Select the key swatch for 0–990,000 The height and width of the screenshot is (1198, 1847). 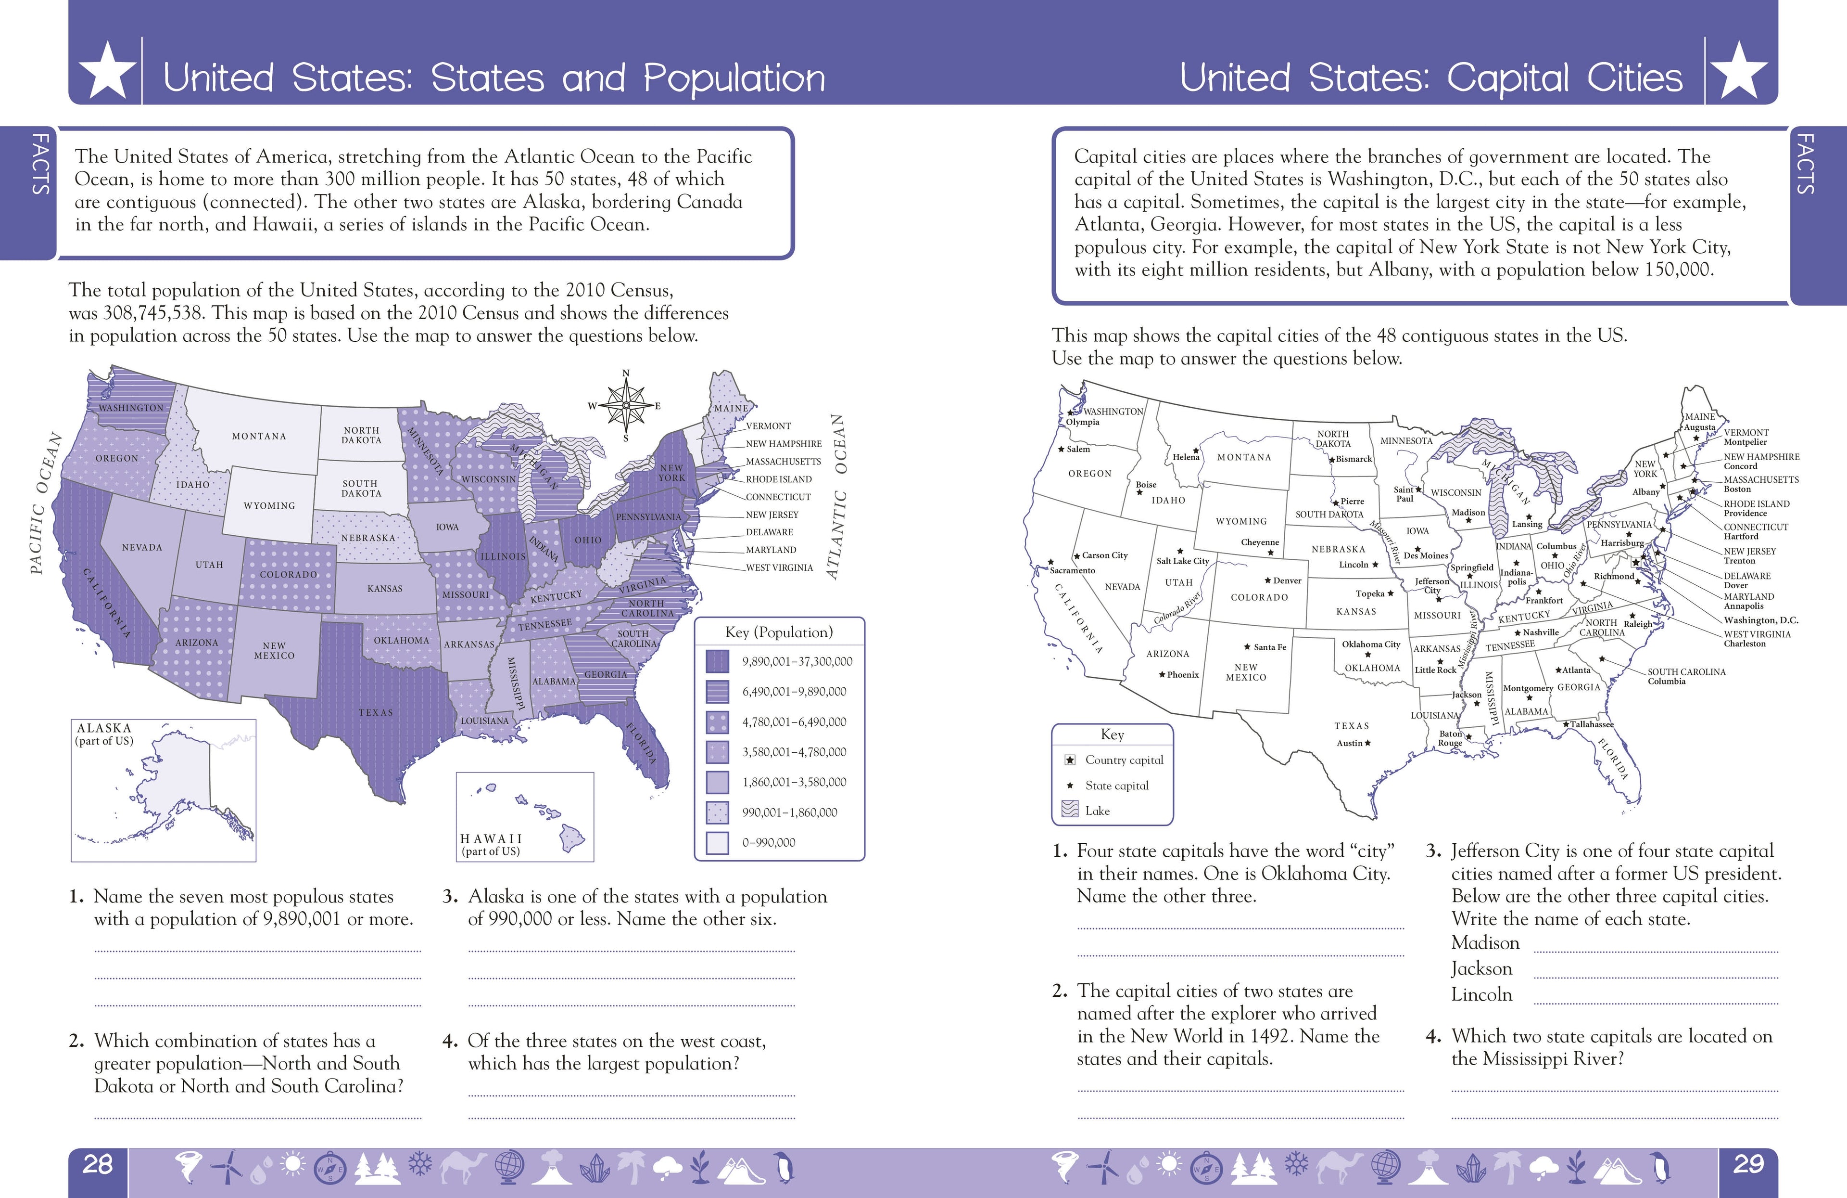[717, 842]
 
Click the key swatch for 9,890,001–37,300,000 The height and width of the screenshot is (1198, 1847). [717, 661]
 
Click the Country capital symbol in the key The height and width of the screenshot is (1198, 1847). [1069, 760]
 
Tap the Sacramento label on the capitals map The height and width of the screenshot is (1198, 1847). [1073, 571]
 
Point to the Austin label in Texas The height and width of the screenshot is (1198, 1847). [1350, 743]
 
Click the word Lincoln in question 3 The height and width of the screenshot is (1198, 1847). [1481, 994]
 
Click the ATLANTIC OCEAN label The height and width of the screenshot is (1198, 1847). [836, 497]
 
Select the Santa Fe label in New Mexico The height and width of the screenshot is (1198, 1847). [1270, 647]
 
